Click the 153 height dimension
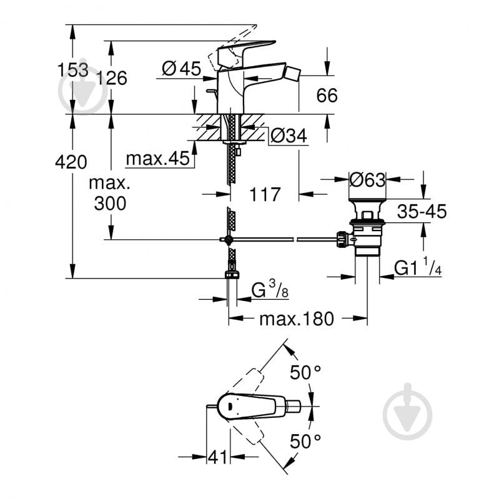pos(73,70)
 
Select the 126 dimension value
pos(112,77)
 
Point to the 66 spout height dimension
pos(327,96)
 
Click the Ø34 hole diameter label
pos(289,136)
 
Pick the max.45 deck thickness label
pos(157,159)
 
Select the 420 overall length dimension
pos(71,162)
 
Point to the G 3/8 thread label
pos(270,290)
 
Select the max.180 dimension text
pos(297,319)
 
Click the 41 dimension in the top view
pos(218,458)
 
